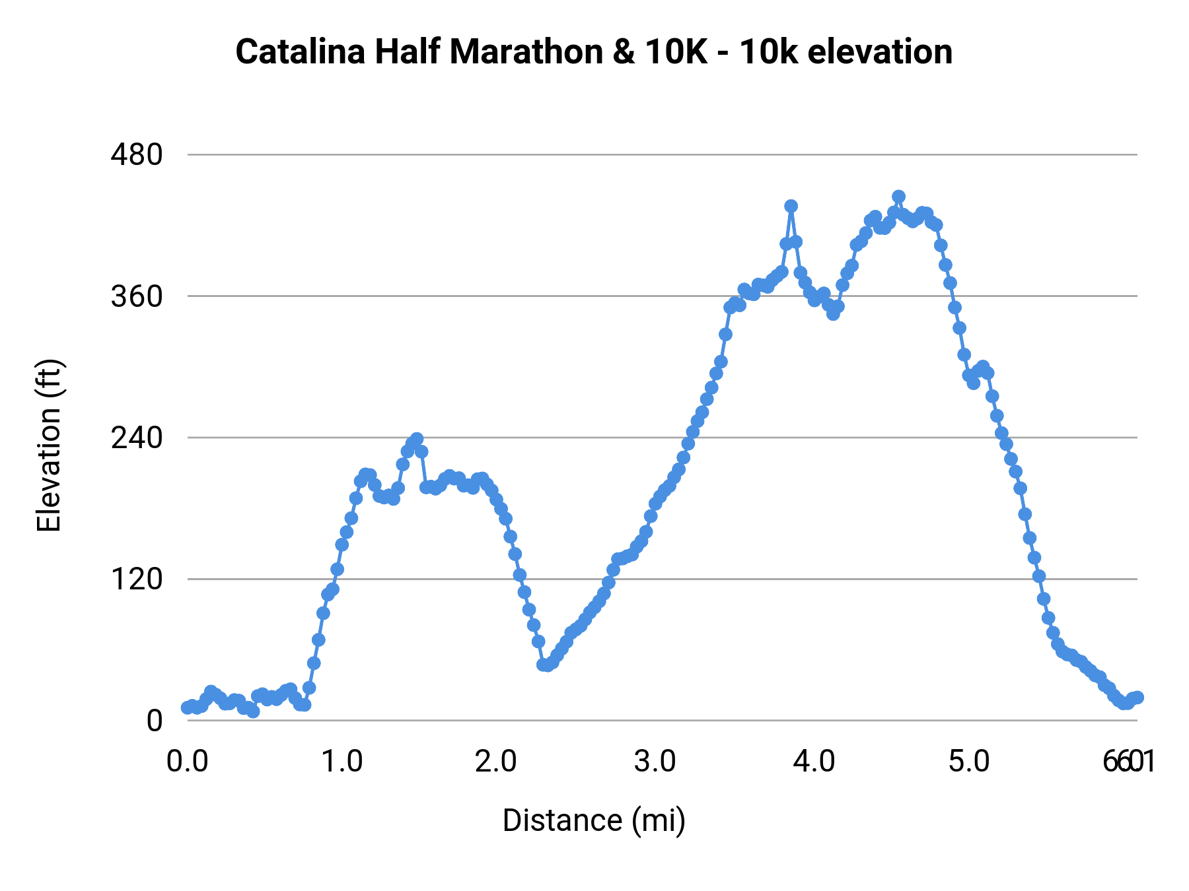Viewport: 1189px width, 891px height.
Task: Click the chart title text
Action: click(594, 52)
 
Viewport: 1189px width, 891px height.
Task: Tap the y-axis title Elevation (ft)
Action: click(48, 445)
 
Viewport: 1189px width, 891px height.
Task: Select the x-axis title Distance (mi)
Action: click(594, 820)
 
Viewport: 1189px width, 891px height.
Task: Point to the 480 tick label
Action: click(137, 155)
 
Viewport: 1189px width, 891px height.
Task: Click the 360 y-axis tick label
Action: click(137, 296)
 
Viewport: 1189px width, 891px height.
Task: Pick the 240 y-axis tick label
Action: click(137, 438)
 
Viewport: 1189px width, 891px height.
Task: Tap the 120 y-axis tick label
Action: click(137, 579)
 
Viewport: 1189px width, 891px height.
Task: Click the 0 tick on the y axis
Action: click(154, 721)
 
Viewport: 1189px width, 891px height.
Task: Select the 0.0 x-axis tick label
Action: click(188, 762)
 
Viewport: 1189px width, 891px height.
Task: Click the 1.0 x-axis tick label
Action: click(342, 762)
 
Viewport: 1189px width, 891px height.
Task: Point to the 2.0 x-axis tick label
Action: click(496, 762)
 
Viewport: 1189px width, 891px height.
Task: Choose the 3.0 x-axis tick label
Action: click(655, 762)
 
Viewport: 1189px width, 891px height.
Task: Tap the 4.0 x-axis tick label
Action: click(814, 762)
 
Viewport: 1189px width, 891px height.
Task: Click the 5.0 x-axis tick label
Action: click(969, 762)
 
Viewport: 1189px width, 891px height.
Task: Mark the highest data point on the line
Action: click(898, 197)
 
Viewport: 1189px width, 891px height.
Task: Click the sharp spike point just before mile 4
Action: click(791, 206)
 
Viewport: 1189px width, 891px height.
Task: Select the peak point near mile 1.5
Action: click(416, 440)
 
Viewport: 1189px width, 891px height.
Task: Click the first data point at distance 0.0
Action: click(188, 708)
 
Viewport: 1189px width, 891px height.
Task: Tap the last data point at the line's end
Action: click(1137, 698)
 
